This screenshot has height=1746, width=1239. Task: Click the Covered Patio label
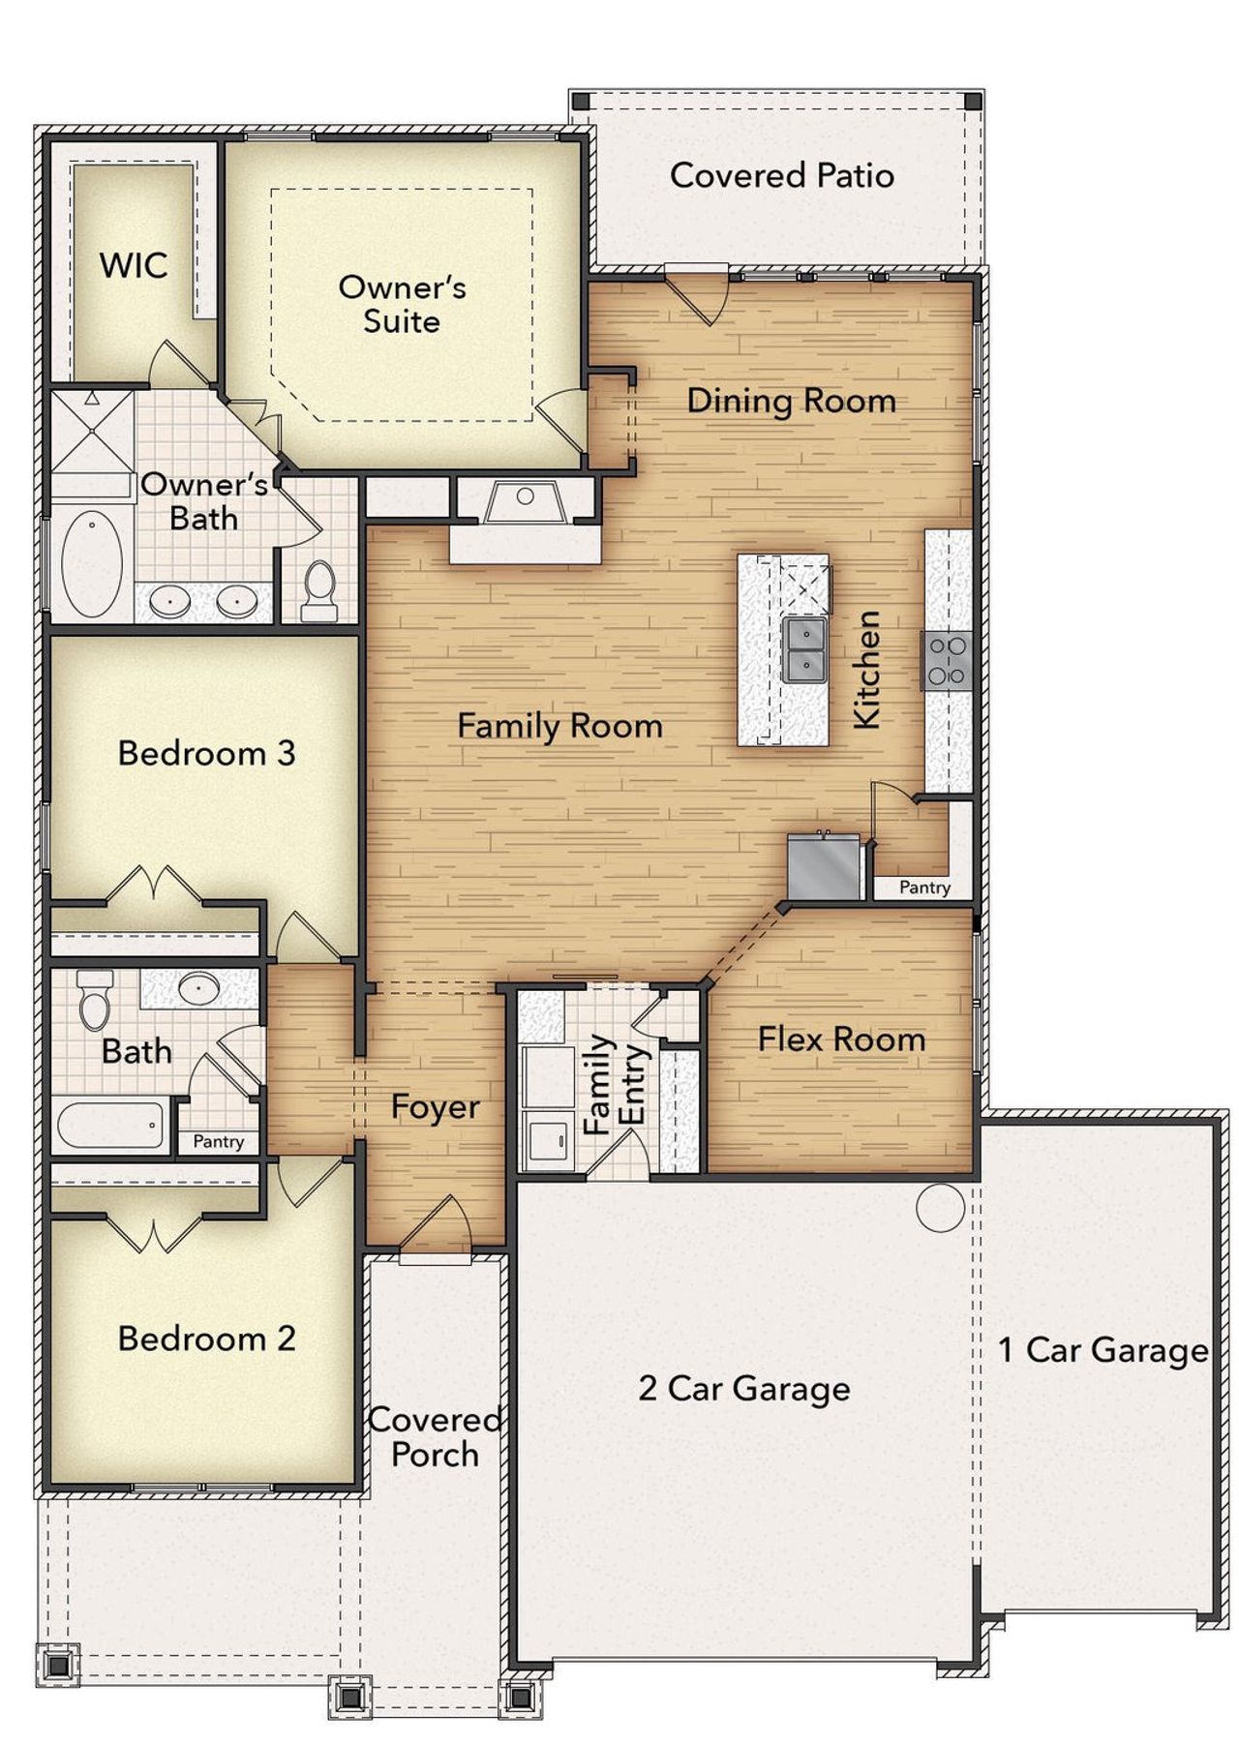coord(781,175)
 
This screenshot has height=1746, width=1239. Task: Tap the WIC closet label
coord(134,265)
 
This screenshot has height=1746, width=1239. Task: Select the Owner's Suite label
coord(402,304)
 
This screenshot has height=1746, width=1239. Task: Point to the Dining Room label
coord(791,401)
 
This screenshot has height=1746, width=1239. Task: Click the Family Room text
coord(559,726)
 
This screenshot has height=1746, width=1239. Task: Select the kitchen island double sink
coord(804,650)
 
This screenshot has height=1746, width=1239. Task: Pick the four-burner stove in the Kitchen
coord(947,660)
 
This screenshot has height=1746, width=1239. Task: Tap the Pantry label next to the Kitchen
coord(924,888)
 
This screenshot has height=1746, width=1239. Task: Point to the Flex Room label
coord(841,1039)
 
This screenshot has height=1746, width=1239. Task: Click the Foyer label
coord(435,1107)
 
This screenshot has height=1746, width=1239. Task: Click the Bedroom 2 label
coord(206,1339)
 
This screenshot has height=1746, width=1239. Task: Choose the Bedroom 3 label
coord(206,753)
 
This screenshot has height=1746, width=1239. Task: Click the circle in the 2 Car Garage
coord(940,1208)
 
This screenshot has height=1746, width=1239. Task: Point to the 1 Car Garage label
coord(1103,1350)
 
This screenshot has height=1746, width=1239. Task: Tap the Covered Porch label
coord(435,1437)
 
